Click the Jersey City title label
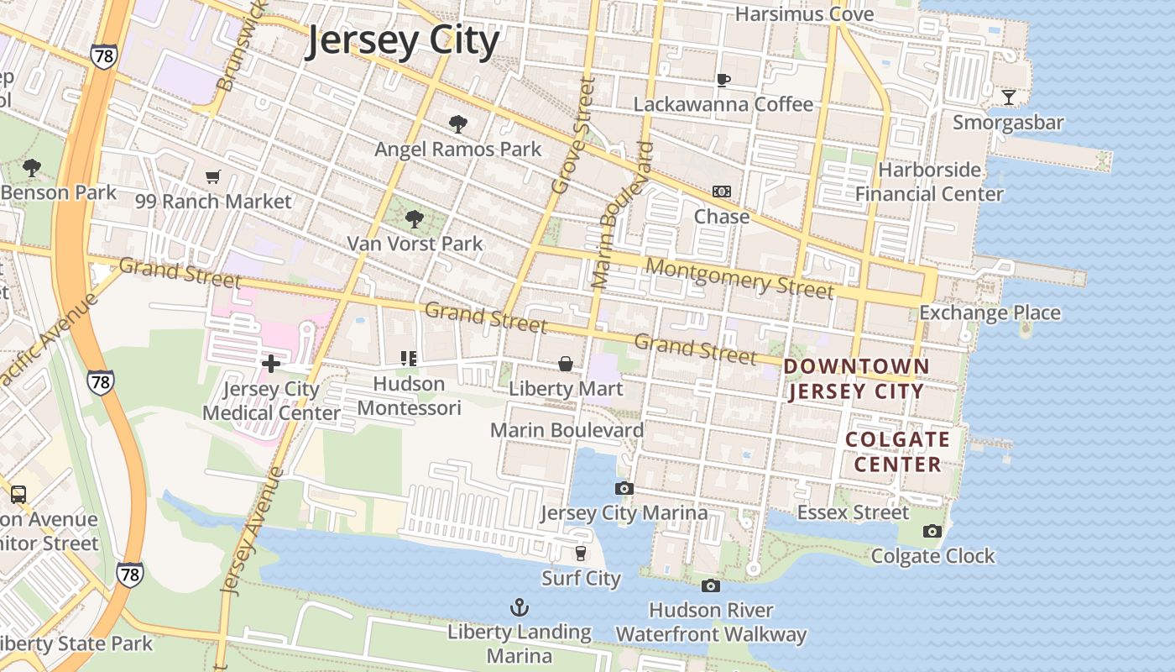(402, 40)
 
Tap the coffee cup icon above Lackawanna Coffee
(723, 80)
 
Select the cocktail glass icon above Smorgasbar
(1008, 97)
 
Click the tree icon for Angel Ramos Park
(457, 124)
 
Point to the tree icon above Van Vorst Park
(414, 219)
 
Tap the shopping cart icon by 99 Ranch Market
(212, 176)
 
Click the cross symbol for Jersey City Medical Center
(271, 364)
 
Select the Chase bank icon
(722, 192)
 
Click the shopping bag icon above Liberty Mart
(566, 364)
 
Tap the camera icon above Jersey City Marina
(624, 488)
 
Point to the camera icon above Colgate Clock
(932, 531)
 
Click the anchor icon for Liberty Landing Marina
(520, 606)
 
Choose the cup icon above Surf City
(580, 553)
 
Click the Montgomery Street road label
(741, 279)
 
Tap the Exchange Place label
(990, 313)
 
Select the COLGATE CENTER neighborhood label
(897, 452)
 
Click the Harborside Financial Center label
(929, 181)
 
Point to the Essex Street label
(853, 512)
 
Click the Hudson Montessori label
(410, 396)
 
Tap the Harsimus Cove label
(804, 14)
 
